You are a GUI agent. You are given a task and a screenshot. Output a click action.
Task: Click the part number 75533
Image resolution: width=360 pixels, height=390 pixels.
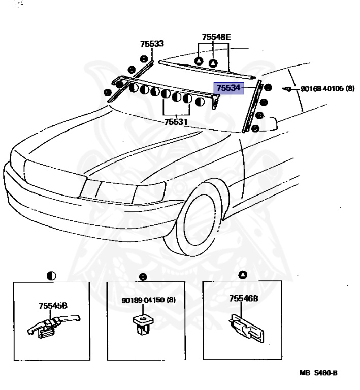point(152,44)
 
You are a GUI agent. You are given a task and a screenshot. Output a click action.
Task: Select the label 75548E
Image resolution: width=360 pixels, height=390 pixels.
point(216,37)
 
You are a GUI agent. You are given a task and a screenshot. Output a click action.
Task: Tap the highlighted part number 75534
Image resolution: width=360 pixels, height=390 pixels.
point(228,88)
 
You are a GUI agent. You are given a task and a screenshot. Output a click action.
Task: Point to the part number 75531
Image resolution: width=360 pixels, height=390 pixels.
point(176,122)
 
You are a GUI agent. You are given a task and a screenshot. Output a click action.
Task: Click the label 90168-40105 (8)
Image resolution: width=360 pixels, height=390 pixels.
point(327,89)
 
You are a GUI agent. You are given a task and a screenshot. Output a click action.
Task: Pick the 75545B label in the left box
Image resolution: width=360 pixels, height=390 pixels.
point(53,306)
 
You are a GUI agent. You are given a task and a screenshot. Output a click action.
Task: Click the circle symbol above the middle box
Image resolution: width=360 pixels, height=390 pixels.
point(144,277)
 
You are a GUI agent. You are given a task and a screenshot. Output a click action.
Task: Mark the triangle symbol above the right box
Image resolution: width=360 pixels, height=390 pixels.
point(242,275)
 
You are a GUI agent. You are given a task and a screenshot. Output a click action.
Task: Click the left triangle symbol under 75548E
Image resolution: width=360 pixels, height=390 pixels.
point(199,61)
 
